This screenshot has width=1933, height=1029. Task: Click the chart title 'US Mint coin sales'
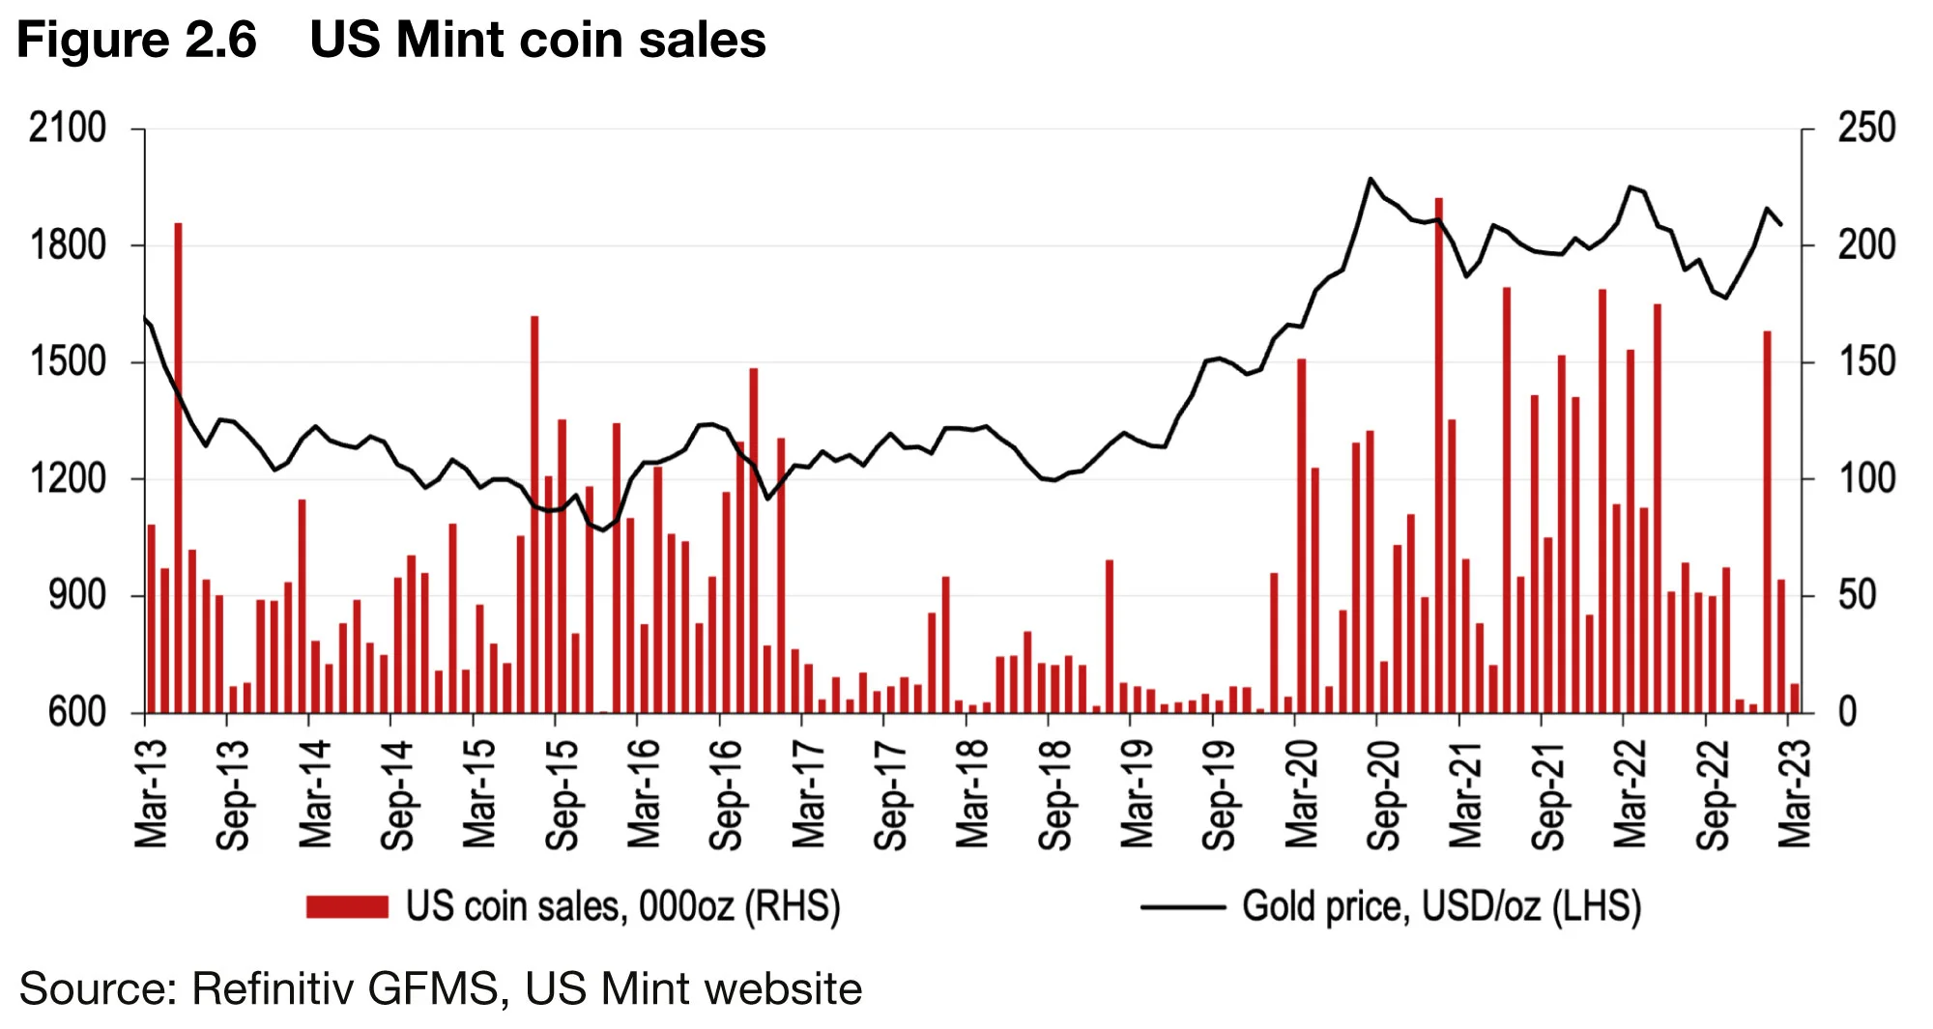pos(537,41)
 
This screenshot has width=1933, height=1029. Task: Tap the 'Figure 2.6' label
pos(136,41)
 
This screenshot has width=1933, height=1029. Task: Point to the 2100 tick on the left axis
pos(68,129)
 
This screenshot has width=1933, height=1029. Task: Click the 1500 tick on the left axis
pos(68,362)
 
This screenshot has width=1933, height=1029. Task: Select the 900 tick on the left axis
pos(77,596)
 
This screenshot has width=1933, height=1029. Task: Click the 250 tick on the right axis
pos(1866,129)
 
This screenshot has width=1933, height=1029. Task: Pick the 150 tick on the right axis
pos(1866,362)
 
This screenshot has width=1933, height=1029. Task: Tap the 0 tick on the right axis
pos(1847,713)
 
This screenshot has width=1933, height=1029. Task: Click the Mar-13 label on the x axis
pos(152,794)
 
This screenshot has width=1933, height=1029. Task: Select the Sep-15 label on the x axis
pos(563,794)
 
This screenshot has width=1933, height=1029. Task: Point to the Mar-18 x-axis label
pos(973,794)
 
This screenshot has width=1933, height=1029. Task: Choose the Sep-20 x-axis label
pos(1384,794)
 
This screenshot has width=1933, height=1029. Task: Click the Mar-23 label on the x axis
pos(1795,794)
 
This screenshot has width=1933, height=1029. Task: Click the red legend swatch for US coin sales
pos(347,906)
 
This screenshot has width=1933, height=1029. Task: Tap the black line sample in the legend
pos(1182,907)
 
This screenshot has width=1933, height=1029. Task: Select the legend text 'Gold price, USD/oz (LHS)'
pos(1441,907)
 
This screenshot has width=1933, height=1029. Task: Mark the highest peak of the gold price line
pos(1370,179)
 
